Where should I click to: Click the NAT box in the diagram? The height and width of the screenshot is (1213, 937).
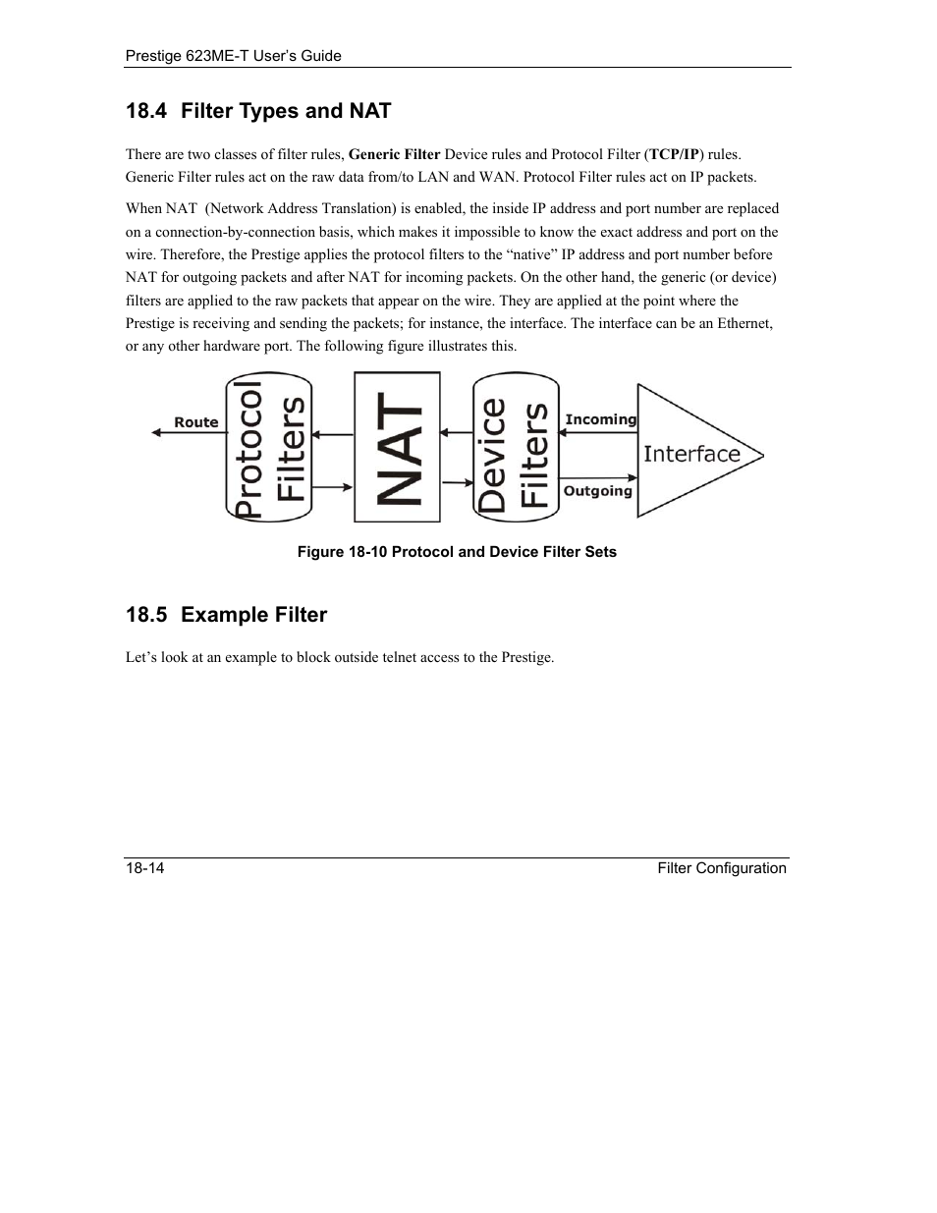397,447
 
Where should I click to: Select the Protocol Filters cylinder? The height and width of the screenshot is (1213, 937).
269,447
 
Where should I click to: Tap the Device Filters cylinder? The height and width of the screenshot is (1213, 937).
516,447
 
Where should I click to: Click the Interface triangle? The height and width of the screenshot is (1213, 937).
691,453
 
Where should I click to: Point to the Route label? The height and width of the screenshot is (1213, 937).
196,422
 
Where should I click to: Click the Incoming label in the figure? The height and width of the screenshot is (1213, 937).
600,419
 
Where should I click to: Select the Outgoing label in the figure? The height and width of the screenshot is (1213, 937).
597,490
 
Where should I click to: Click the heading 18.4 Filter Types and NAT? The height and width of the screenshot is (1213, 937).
258,111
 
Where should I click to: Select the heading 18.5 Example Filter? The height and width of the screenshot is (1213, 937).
226,615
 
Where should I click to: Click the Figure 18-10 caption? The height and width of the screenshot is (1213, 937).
457,552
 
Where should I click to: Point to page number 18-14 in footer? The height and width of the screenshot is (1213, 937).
144,868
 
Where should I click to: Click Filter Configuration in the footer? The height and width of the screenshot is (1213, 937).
722,868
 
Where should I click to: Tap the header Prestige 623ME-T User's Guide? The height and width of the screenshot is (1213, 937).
234,56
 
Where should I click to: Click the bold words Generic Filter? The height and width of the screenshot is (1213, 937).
394,154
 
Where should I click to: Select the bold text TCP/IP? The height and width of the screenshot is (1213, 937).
674,154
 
